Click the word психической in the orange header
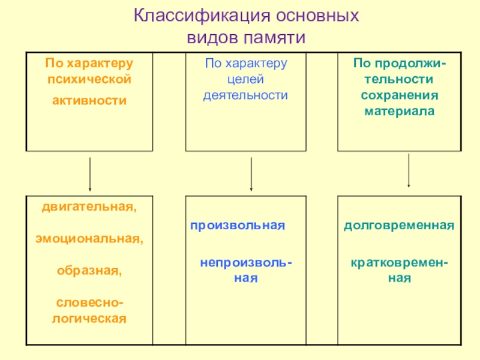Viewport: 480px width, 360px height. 89,79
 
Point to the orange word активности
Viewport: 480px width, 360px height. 89,100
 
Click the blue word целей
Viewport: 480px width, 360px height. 247,79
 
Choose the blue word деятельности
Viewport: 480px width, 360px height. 247,95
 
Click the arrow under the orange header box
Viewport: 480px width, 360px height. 90,173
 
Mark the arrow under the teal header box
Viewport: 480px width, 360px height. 409,170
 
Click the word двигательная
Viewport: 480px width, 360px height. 89,208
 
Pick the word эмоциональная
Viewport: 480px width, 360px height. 89,239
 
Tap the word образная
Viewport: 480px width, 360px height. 89,270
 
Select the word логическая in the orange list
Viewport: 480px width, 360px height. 89,317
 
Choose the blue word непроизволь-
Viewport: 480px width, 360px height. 247,262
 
